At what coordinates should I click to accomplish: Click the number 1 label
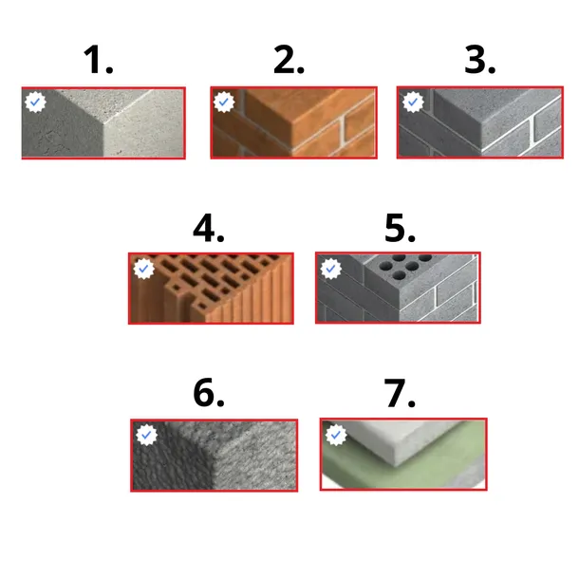[98, 60]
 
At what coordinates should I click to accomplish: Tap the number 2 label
[289, 60]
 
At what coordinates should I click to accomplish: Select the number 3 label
[479, 60]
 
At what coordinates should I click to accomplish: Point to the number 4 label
[209, 228]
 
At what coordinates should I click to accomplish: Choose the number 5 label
[400, 228]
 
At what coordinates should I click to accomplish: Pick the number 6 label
[209, 393]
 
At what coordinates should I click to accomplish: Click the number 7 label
[400, 393]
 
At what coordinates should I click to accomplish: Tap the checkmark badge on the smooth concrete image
[35, 102]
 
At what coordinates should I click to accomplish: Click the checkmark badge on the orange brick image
[224, 102]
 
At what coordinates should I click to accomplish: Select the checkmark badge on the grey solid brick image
[413, 102]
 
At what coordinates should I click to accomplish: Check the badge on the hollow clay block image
[143, 269]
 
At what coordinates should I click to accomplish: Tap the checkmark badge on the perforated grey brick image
[331, 269]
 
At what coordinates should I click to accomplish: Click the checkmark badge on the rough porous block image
[146, 435]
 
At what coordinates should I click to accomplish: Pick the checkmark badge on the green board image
[336, 435]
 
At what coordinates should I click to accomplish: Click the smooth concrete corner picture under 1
[103, 123]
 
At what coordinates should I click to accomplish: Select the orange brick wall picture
[293, 122]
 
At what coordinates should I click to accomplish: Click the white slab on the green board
[399, 441]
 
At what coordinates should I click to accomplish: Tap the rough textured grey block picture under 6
[215, 455]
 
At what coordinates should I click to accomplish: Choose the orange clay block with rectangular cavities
[211, 289]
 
